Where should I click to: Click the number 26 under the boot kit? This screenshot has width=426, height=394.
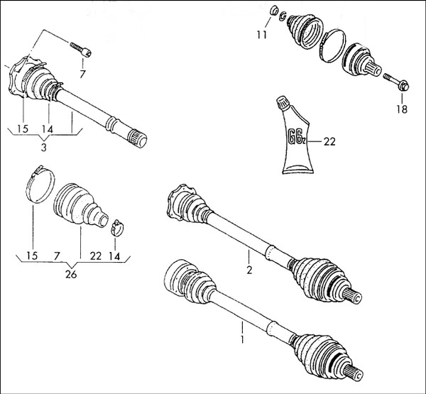click(71, 274)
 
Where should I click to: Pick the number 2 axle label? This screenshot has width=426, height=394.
click(249, 270)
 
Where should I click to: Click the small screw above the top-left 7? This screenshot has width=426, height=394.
click(81, 49)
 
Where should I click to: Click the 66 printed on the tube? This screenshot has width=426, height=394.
click(293, 136)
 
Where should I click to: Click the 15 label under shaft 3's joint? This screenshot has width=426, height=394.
click(23, 128)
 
